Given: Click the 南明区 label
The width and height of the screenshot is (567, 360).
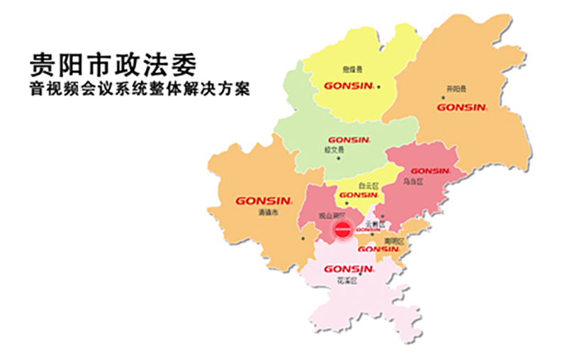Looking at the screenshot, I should pos(393,240).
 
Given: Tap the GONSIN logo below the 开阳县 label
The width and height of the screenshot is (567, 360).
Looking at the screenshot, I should pos(461,108).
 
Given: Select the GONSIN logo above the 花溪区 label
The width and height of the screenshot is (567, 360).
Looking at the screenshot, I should pos(348,269).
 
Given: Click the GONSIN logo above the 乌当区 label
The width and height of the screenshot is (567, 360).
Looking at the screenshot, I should pos(430,171).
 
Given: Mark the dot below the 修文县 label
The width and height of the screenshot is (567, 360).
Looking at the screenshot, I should pos(339,158).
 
